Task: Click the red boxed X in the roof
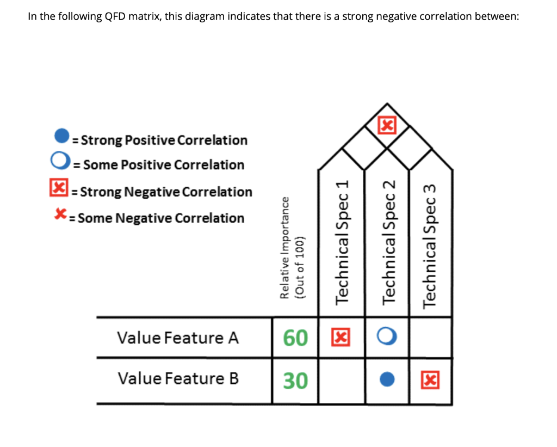tap(387, 126)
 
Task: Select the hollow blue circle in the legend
tap(61, 161)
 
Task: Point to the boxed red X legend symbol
tap(56, 189)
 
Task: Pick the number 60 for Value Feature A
tap(295, 338)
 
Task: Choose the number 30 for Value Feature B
tap(295, 380)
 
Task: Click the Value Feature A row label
tap(178, 338)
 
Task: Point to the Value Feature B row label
tap(178, 378)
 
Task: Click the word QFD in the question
tap(115, 16)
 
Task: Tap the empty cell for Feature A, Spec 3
tap(431, 338)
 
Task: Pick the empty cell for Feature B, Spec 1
tap(342, 380)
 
